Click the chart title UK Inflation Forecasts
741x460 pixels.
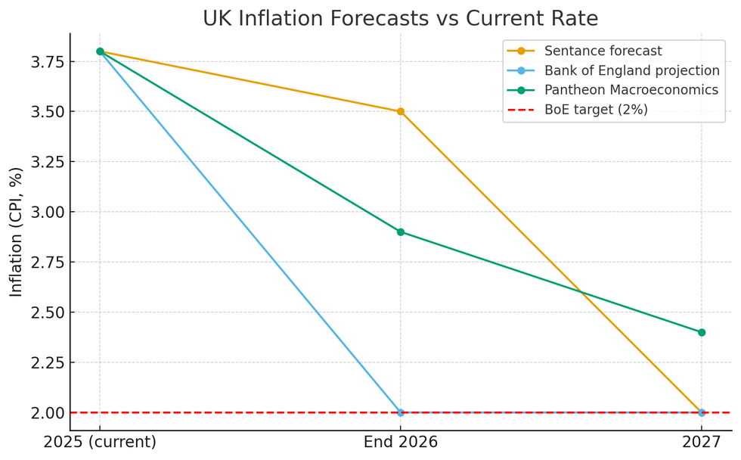[x=400, y=18]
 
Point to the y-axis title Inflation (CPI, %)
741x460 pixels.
[x=17, y=232]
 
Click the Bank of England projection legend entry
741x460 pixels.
[x=631, y=71]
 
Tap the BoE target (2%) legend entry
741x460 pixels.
[x=596, y=110]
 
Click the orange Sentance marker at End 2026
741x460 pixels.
[x=401, y=111]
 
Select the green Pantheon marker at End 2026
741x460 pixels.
[x=401, y=232]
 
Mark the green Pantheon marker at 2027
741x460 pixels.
[x=702, y=332]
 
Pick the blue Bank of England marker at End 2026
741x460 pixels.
[x=401, y=412]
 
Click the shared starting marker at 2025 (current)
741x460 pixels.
[x=100, y=51]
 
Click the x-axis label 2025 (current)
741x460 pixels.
[x=100, y=443]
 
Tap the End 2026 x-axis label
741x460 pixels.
[x=401, y=443]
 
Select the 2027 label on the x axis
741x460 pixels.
[x=702, y=443]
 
